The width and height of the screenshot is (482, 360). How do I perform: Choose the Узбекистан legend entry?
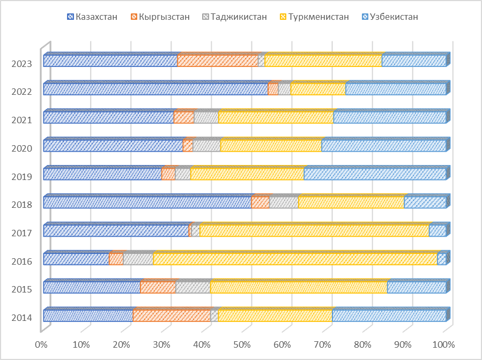[390, 17]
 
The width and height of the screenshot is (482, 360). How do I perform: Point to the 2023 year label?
[21, 64]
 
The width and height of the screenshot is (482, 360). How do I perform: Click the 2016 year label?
[21, 261]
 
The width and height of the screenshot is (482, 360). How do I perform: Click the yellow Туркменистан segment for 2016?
[295, 259]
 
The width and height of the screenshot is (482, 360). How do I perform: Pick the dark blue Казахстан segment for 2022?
[155, 89]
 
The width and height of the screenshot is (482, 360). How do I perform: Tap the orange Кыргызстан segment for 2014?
[172, 316]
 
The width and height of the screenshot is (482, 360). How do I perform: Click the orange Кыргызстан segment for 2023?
[218, 61]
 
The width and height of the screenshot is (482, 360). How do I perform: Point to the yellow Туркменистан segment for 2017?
[314, 231]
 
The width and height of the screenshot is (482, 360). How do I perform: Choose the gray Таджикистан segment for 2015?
[193, 288]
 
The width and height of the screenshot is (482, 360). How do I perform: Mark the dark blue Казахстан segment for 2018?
[147, 202]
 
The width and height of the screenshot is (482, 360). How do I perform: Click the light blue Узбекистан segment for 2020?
[383, 146]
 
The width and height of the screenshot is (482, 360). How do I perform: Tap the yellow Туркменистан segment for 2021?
[276, 117]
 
